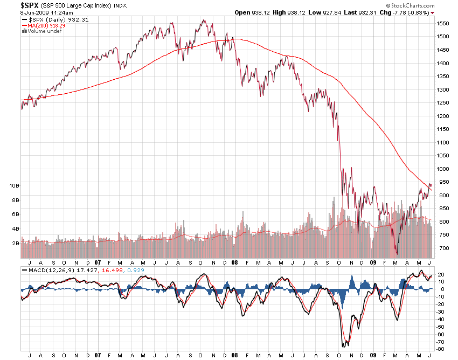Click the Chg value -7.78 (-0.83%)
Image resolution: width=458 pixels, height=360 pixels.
[x=412, y=12]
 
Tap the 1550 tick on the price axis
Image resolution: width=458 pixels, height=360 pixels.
[x=443, y=24]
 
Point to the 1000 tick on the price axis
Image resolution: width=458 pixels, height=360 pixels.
[x=443, y=169]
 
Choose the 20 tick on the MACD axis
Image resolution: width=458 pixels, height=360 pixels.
[x=440, y=274]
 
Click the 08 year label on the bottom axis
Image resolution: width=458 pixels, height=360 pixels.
[x=234, y=355]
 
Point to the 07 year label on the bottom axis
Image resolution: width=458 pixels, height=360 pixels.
[x=98, y=355]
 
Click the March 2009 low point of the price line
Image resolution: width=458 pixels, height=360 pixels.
[x=397, y=253]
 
